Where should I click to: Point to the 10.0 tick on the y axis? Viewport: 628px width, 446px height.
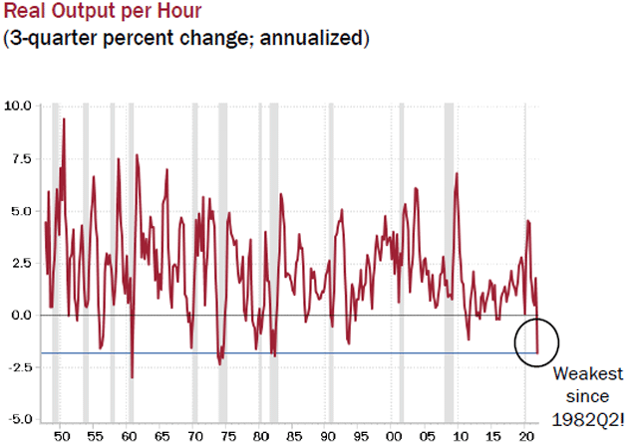[x=19, y=106]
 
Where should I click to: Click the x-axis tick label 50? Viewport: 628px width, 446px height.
[x=61, y=437]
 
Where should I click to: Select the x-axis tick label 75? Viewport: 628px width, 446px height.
[x=227, y=437]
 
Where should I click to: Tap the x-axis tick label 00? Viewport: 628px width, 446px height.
[x=394, y=437]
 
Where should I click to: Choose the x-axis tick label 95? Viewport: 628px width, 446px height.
[x=361, y=437]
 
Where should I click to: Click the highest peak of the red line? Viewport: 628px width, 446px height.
[x=64, y=118]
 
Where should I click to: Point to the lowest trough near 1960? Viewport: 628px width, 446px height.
[x=132, y=377]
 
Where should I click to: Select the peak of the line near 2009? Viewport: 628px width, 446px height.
[x=457, y=173]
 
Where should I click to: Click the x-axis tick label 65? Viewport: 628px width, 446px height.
[x=160, y=437]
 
